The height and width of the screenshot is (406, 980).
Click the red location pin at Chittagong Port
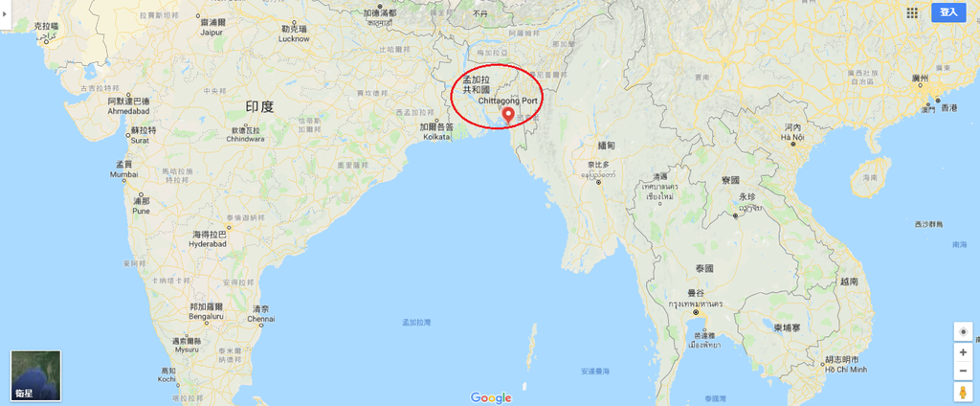click(x=507, y=115)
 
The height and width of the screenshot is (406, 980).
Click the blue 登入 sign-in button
click(x=948, y=12)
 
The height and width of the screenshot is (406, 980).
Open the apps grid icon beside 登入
click(x=912, y=12)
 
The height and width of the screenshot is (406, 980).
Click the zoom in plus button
click(x=962, y=351)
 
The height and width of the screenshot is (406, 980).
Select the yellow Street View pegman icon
click(x=962, y=393)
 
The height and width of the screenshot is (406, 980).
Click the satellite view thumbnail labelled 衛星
click(x=35, y=375)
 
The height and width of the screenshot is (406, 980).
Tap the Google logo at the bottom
click(x=491, y=397)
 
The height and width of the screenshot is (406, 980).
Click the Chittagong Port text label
click(x=508, y=100)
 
